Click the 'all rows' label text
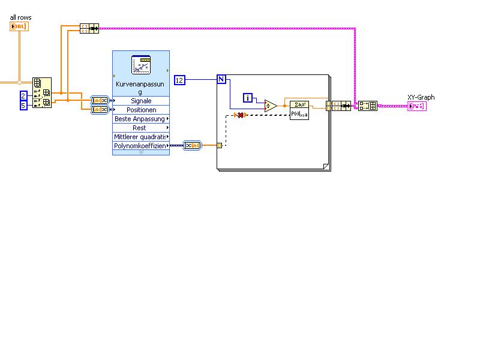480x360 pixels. (20, 17)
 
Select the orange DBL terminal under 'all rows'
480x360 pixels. (19, 26)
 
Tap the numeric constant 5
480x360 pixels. (23, 106)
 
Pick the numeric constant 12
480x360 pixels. (180, 80)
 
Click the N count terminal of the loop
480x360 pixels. (221, 79)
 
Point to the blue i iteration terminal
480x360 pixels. (248, 98)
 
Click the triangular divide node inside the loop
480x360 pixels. (270, 106)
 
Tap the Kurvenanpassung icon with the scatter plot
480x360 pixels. (141, 65)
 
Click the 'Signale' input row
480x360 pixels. (141, 101)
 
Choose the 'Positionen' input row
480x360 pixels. (141, 110)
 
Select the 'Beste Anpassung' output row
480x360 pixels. (141, 119)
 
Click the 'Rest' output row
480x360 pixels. (141, 128)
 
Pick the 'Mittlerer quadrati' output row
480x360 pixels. (141, 137)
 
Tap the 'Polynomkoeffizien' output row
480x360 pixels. (141, 146)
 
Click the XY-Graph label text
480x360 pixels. (421, 97)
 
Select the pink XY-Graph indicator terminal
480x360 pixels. (416, 106)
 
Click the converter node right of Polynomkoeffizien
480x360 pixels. (193, 145)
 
